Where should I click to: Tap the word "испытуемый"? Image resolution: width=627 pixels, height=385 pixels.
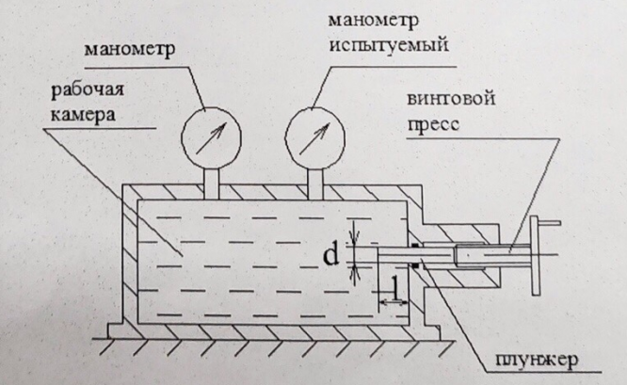[x=388, y=45]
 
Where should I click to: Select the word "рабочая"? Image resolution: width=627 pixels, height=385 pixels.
[x=88, y=90]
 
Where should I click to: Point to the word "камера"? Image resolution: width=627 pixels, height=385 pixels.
[x=83, y=115]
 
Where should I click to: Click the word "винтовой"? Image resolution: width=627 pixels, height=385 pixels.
[x=451, y=99]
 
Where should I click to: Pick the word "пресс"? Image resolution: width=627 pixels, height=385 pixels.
[x=433, y=124]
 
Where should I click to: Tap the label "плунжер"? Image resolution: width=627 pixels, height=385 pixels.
[x=537, y=361]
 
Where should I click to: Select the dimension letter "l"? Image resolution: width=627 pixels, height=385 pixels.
[x=395, y=288]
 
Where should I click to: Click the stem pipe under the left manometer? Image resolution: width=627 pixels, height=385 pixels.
[x=212, y=184]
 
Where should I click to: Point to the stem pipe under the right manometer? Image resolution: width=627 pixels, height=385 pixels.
[x=315, y=184]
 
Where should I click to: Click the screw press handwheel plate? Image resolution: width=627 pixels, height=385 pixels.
[x=535, y=255]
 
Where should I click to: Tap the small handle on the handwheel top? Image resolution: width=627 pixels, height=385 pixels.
[x=550, y=223]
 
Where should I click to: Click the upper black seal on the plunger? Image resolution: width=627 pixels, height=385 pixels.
[x=415, y=245]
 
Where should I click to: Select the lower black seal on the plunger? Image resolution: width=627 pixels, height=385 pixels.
[x=415, y=265]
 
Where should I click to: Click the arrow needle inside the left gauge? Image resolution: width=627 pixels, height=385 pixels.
[x=211, y=138]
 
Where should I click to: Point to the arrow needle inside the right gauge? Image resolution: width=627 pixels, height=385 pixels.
[x=314, y=138]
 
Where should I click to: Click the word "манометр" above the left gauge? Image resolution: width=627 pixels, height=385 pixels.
[x=130, y=50]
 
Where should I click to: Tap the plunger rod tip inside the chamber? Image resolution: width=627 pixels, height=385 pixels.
[x=378, y=255]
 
